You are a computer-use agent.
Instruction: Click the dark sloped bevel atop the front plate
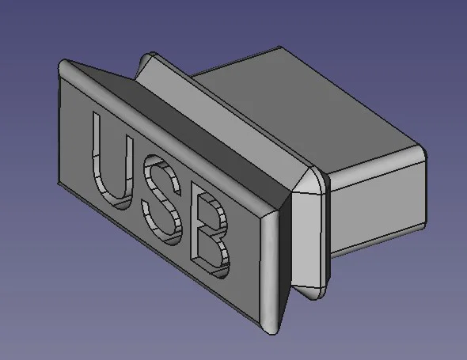(x=182, y=131)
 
